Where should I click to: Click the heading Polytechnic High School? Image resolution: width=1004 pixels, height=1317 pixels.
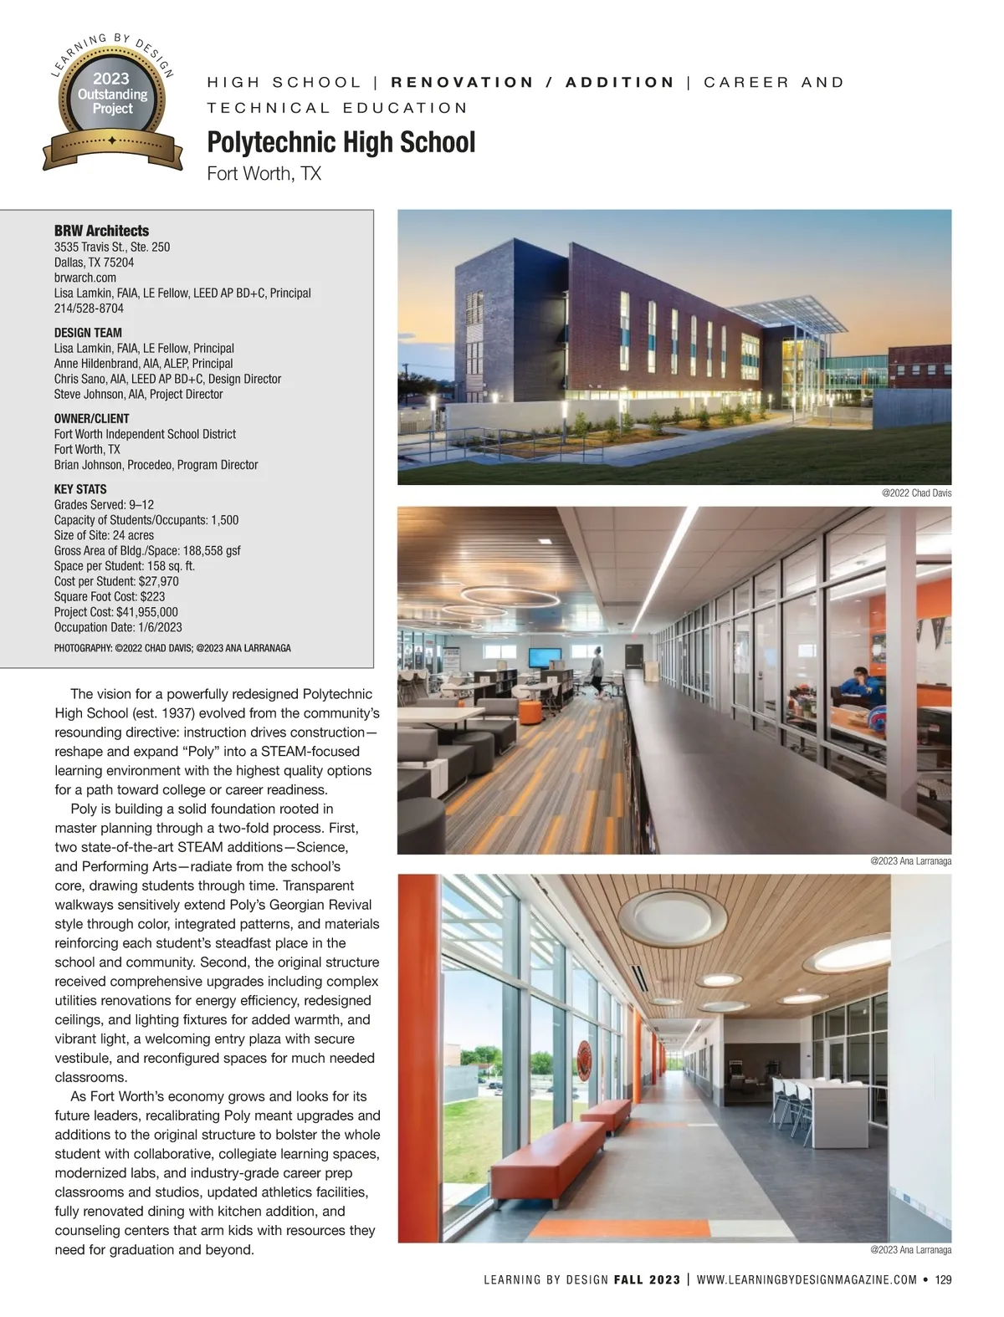point(341,142)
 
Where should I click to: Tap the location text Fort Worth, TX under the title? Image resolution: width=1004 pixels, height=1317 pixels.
point(264,174)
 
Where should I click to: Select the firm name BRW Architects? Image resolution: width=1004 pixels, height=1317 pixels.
point(101,231)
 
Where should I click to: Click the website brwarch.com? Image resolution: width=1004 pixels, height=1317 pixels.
point(85,278)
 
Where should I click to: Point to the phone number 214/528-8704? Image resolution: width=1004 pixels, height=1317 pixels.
point(89,309)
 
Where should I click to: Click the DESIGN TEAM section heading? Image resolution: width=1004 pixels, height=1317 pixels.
point(88,333)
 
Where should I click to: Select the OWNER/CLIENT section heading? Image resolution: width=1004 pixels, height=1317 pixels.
point(92,419)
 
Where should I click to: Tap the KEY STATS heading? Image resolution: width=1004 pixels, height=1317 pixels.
point(80,490)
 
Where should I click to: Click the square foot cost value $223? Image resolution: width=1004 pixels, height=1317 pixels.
point(151,597)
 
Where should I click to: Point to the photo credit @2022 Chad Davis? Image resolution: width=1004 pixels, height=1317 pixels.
point(916,493)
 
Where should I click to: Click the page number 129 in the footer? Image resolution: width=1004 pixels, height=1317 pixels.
point(943,1279)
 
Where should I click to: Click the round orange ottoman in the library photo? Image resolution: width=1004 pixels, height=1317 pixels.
point(530,712)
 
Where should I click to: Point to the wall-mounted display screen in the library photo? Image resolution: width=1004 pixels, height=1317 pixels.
point(542,660)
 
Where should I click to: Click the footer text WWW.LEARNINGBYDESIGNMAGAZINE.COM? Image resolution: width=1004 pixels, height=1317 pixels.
point(807,1279)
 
